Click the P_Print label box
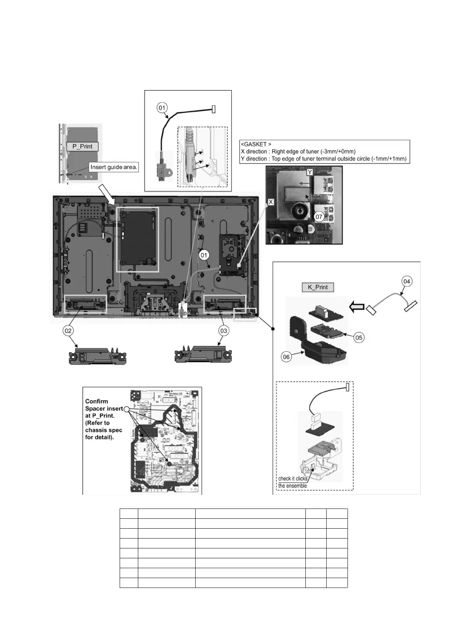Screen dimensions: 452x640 point(82,146)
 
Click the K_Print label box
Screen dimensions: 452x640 point(318,287)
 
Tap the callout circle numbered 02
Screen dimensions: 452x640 point(68,331)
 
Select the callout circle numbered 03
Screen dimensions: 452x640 point(224,331)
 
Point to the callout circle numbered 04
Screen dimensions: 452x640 point(407,281)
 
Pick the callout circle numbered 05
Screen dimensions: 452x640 point(359,337)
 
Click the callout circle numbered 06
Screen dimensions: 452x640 point(286,357)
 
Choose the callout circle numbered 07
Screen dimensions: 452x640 point(319,217)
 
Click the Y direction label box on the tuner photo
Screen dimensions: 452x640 point(310,172)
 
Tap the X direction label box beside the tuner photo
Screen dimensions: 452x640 point(271,202)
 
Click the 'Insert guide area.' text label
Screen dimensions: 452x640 point(114,167)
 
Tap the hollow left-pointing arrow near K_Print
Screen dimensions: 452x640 point(357,307)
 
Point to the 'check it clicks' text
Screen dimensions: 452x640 point(293,478)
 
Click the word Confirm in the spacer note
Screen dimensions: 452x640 point(96,401)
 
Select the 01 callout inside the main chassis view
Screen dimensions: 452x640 point(204,255)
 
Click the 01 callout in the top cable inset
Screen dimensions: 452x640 point(162,108)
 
